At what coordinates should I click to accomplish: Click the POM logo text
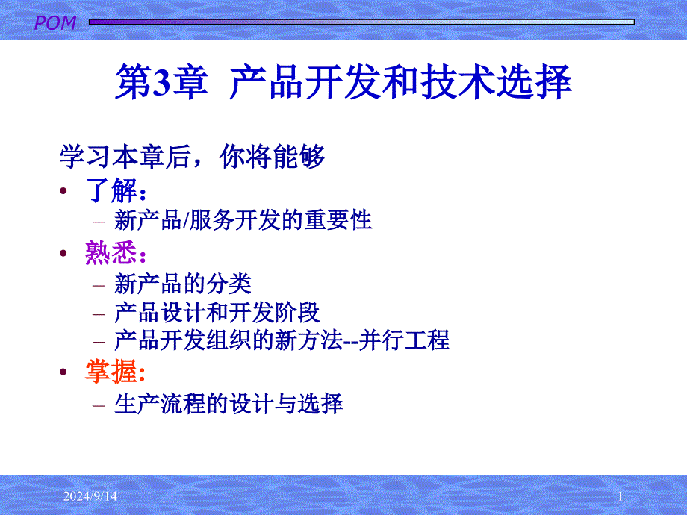tap(55, 23)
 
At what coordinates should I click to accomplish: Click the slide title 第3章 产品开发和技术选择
tap(343, 81)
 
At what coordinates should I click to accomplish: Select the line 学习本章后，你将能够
tap(192, 157)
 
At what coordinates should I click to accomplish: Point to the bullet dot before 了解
tap(63, 190)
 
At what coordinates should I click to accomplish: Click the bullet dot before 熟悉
tap(63, 253)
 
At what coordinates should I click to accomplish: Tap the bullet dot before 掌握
tap(63, 372)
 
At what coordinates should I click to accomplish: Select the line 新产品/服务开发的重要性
tap(243, 220)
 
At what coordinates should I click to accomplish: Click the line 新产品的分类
tap(183, 284)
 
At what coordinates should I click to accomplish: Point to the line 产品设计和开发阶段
tap(217, 313)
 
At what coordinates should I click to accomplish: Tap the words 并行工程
tap(404, 340)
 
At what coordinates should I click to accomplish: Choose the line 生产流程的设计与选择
tap(229, 404)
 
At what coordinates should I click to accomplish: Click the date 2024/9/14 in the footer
tap(90, 496)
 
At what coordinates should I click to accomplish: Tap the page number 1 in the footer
tap(621, 496)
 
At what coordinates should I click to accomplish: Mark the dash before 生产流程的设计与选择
tap(99, 405)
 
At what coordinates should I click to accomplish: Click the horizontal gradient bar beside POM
tap(361, 22)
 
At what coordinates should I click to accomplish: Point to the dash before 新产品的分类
tap(99, 286)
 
